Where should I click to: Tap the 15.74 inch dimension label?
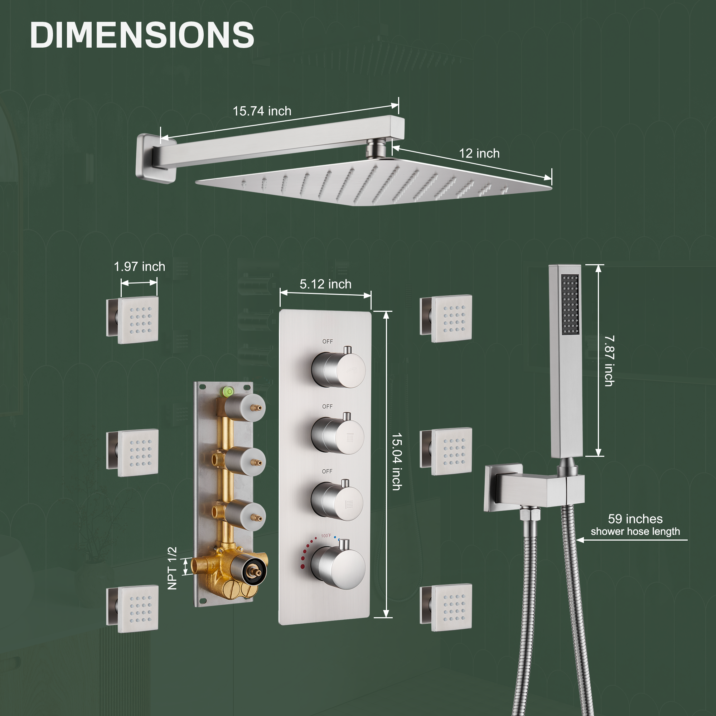[262, 111]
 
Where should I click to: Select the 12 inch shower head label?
[479, 154]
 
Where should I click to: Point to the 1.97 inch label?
[139, 266]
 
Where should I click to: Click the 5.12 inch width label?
[325, 284]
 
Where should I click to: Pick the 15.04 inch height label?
[397, 461]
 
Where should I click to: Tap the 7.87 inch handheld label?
[609, 361]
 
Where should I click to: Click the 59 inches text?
[635, 519]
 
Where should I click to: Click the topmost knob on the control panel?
[338, 369]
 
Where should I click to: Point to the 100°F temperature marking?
[326, 536]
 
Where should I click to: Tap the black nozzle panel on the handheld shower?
[570, 305]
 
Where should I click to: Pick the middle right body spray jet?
[451, 452]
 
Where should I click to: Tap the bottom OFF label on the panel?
[327, 471]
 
